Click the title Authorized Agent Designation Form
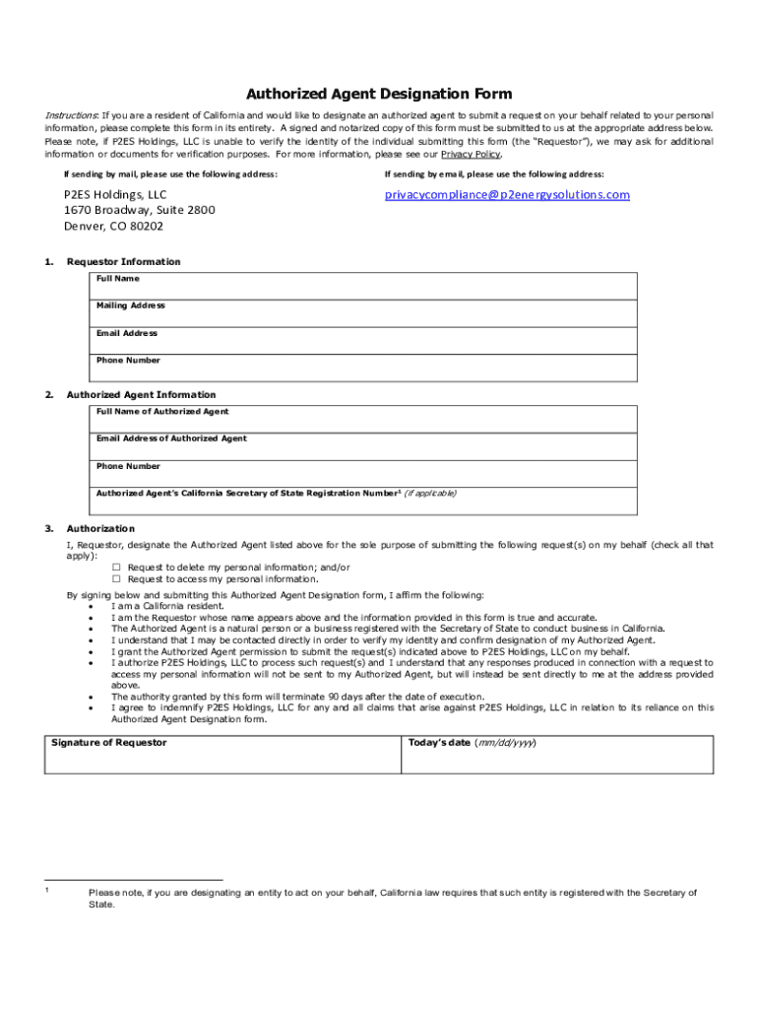[x=379, y=95]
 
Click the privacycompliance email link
[x=507, y=195]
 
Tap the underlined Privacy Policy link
[x=471, y=155]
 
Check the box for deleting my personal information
[x=116, y=568]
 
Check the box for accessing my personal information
[x=116, y=579]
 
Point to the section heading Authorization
[x=100, y=529]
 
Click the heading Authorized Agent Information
[x=141, y=395]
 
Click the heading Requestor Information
[x=123, y=262]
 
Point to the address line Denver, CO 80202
[x=114, y=227]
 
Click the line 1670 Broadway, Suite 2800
[x=139, y=211]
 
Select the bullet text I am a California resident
[x=168, y=606]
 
